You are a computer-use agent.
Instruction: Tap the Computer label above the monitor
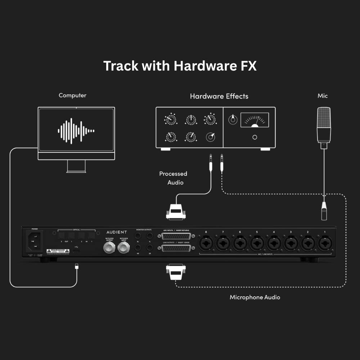[72, 95]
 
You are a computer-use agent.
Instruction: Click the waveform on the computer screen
[76, 130]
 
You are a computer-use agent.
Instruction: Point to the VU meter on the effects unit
[255, 120]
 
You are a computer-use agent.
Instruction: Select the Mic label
[323, 96]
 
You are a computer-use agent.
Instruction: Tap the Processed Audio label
[174, 178]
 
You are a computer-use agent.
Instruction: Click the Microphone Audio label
[255, 297]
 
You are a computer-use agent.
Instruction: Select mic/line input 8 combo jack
[206, 243]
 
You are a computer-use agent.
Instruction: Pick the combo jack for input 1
[325, 243]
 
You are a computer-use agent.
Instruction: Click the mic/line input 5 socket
[257, 243]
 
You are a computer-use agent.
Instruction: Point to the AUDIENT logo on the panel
[117, 232]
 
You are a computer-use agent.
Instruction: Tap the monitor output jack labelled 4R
[138, 248]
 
